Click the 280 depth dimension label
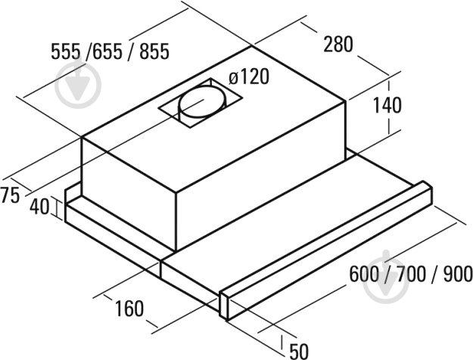click(338, 45)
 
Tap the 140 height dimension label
click(387, 105)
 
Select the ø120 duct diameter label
click(248, 76)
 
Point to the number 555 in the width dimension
click(66, 51)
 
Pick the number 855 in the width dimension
click(154, 51)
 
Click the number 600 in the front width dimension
click(364, 274)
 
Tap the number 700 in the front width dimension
click(411, 274)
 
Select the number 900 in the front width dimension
click(458, 274)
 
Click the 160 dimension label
click(129, 309)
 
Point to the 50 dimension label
click(299, 351)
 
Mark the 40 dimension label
click(39, 206)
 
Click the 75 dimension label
click(10, 195)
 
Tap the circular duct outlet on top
click(202, 101)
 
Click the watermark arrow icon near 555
click(78, 85)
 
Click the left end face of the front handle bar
click(223, 305)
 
